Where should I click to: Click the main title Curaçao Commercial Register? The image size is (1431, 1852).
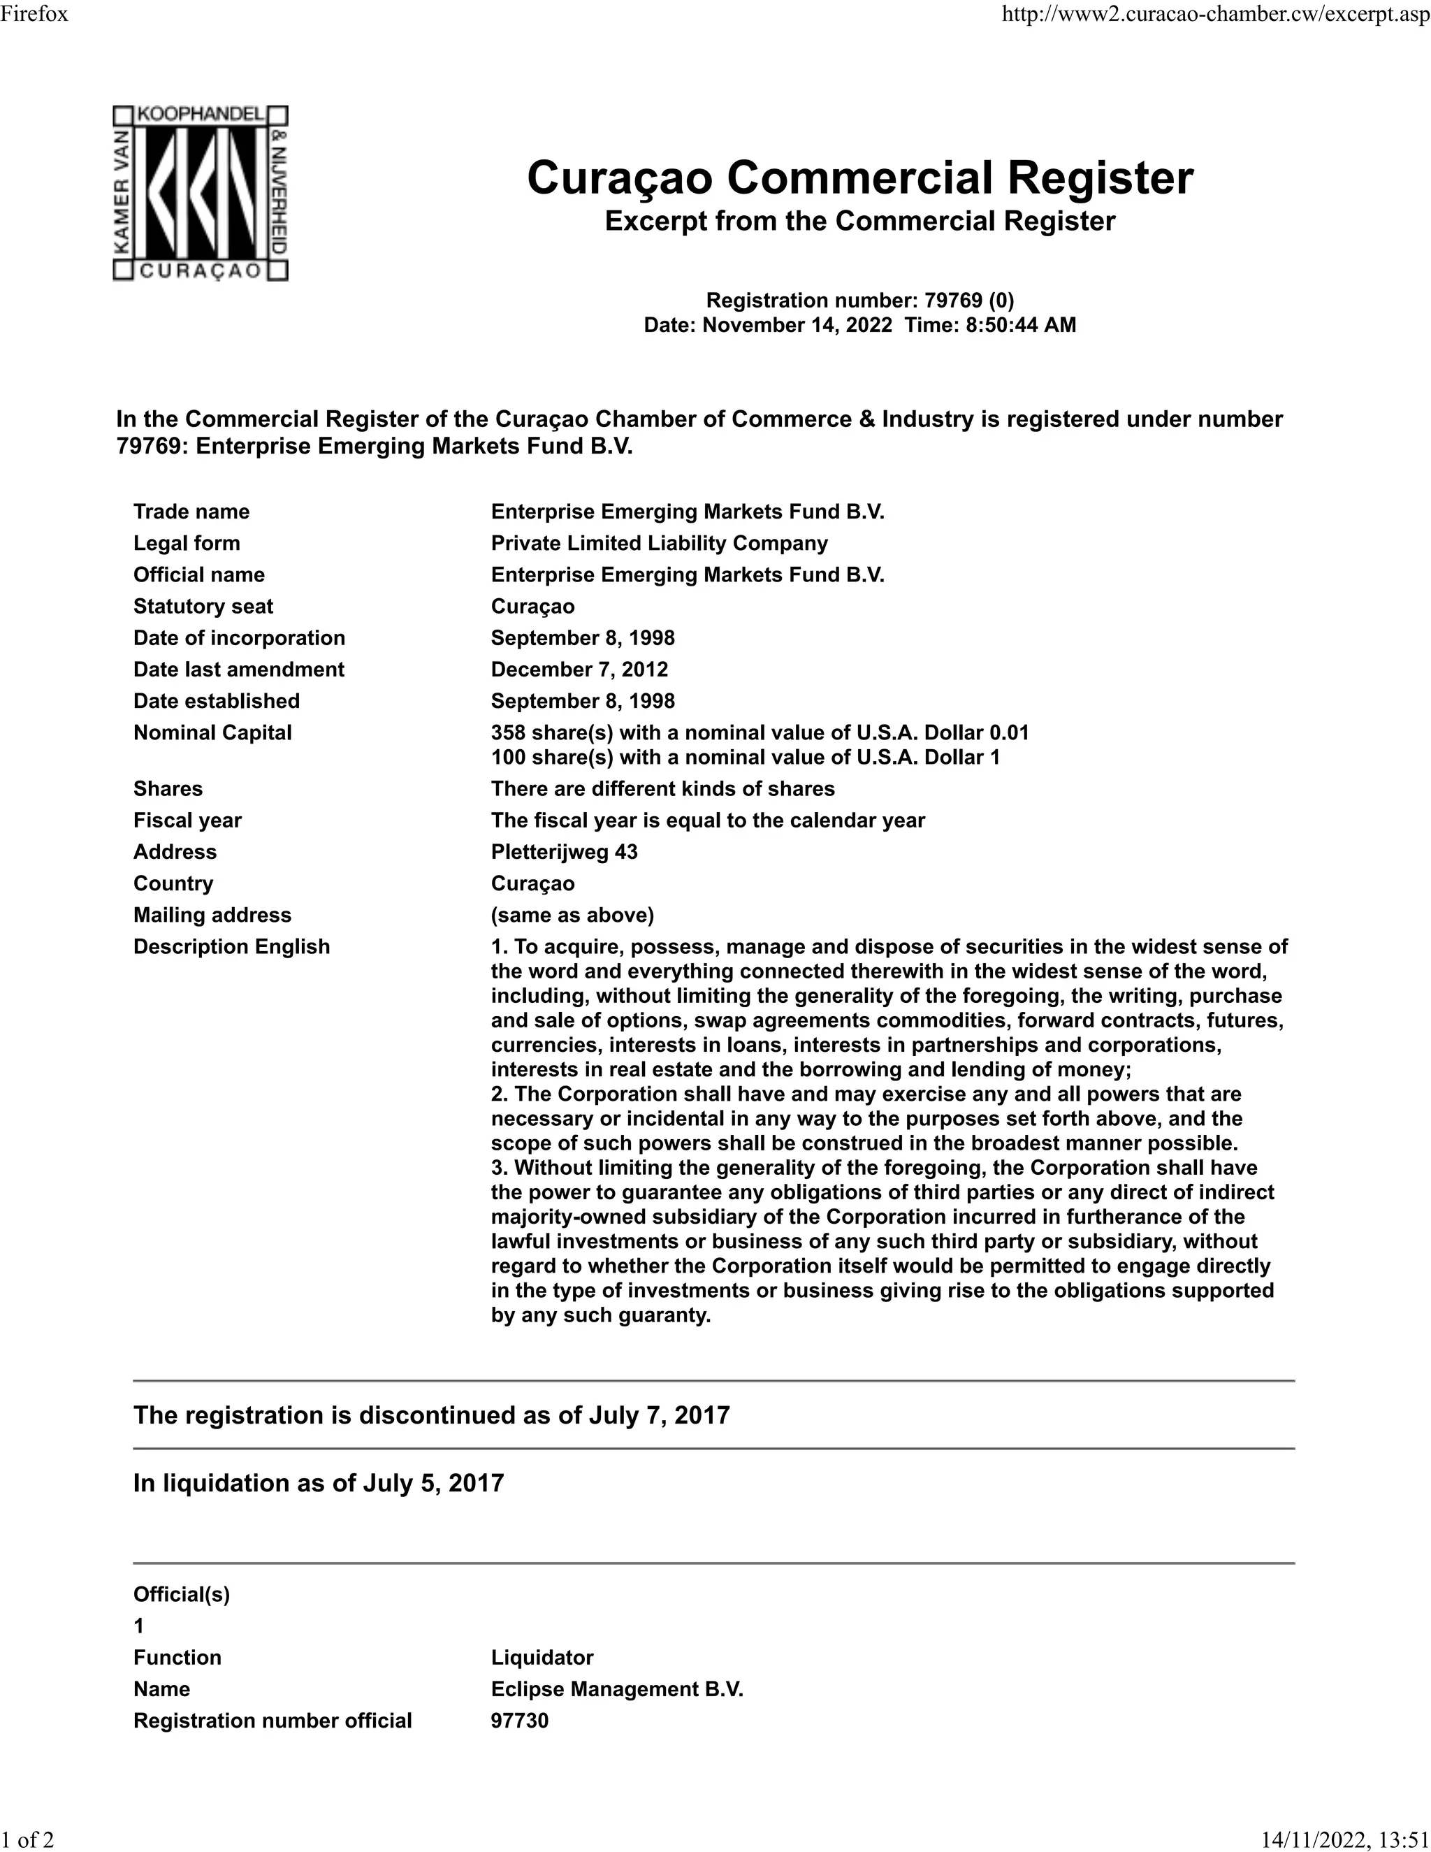point(859,178)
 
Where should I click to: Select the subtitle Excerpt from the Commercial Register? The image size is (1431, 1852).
point(859,222)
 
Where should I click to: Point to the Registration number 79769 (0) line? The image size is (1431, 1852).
point(859,301)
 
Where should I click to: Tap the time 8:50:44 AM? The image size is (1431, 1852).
point(1021,325)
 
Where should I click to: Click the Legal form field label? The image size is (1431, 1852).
point(187,543)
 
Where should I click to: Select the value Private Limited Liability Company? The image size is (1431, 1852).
point(659,543)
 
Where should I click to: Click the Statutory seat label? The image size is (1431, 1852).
point(203,607)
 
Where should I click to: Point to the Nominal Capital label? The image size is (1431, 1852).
point(212,732)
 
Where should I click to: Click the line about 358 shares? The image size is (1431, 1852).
point(760,732)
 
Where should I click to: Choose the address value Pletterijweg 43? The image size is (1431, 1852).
point(564,851)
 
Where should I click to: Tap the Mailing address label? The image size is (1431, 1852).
point(212,915)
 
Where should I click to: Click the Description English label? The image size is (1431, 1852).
point(231,946)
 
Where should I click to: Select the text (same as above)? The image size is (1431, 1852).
point(572,915)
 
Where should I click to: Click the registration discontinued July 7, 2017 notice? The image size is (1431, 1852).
point(430,1415)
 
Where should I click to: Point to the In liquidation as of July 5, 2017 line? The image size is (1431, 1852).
point(318,1483)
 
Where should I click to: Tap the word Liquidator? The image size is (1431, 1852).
point(542,1657)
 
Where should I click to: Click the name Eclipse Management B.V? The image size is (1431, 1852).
point(616,1688)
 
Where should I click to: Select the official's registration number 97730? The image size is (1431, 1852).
point(520,1721)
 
